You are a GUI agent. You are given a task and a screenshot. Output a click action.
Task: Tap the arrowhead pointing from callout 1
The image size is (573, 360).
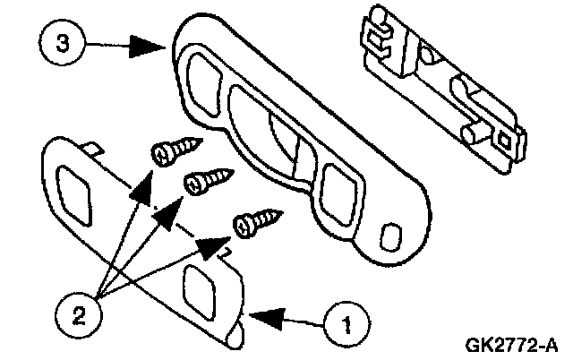[x=264, y=315]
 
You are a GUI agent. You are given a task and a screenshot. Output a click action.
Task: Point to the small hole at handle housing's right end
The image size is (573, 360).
[x=389, y=236]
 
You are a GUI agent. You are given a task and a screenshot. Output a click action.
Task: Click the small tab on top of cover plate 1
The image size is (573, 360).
[x=92, y=145]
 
